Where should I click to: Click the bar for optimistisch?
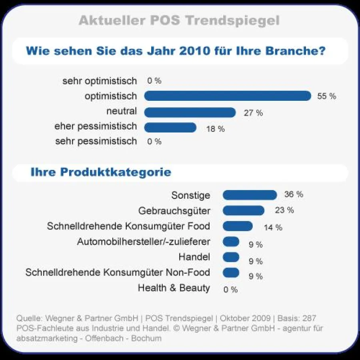coord(227,96)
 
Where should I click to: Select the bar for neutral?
coord(190,112)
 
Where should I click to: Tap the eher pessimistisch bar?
coord(170,128)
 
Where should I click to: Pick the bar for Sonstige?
coord(250,195)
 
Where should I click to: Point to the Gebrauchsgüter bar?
coord(243,210)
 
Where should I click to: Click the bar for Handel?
coord(231,257)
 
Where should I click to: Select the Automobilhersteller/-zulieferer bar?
coord(231,242)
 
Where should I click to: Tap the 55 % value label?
coord(326,96)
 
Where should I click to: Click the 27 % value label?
coord(253,113)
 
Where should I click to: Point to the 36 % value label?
coord(294,195)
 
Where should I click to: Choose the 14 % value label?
coord(273,228)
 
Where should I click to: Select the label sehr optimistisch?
coord(100,81)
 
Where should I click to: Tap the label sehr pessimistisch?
coord(96,141)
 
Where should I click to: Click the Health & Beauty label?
coord(174,288)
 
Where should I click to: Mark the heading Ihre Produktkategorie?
coord(101,172)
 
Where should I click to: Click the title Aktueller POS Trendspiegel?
coord(179,20)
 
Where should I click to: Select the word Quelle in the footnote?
coord(29,318)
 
